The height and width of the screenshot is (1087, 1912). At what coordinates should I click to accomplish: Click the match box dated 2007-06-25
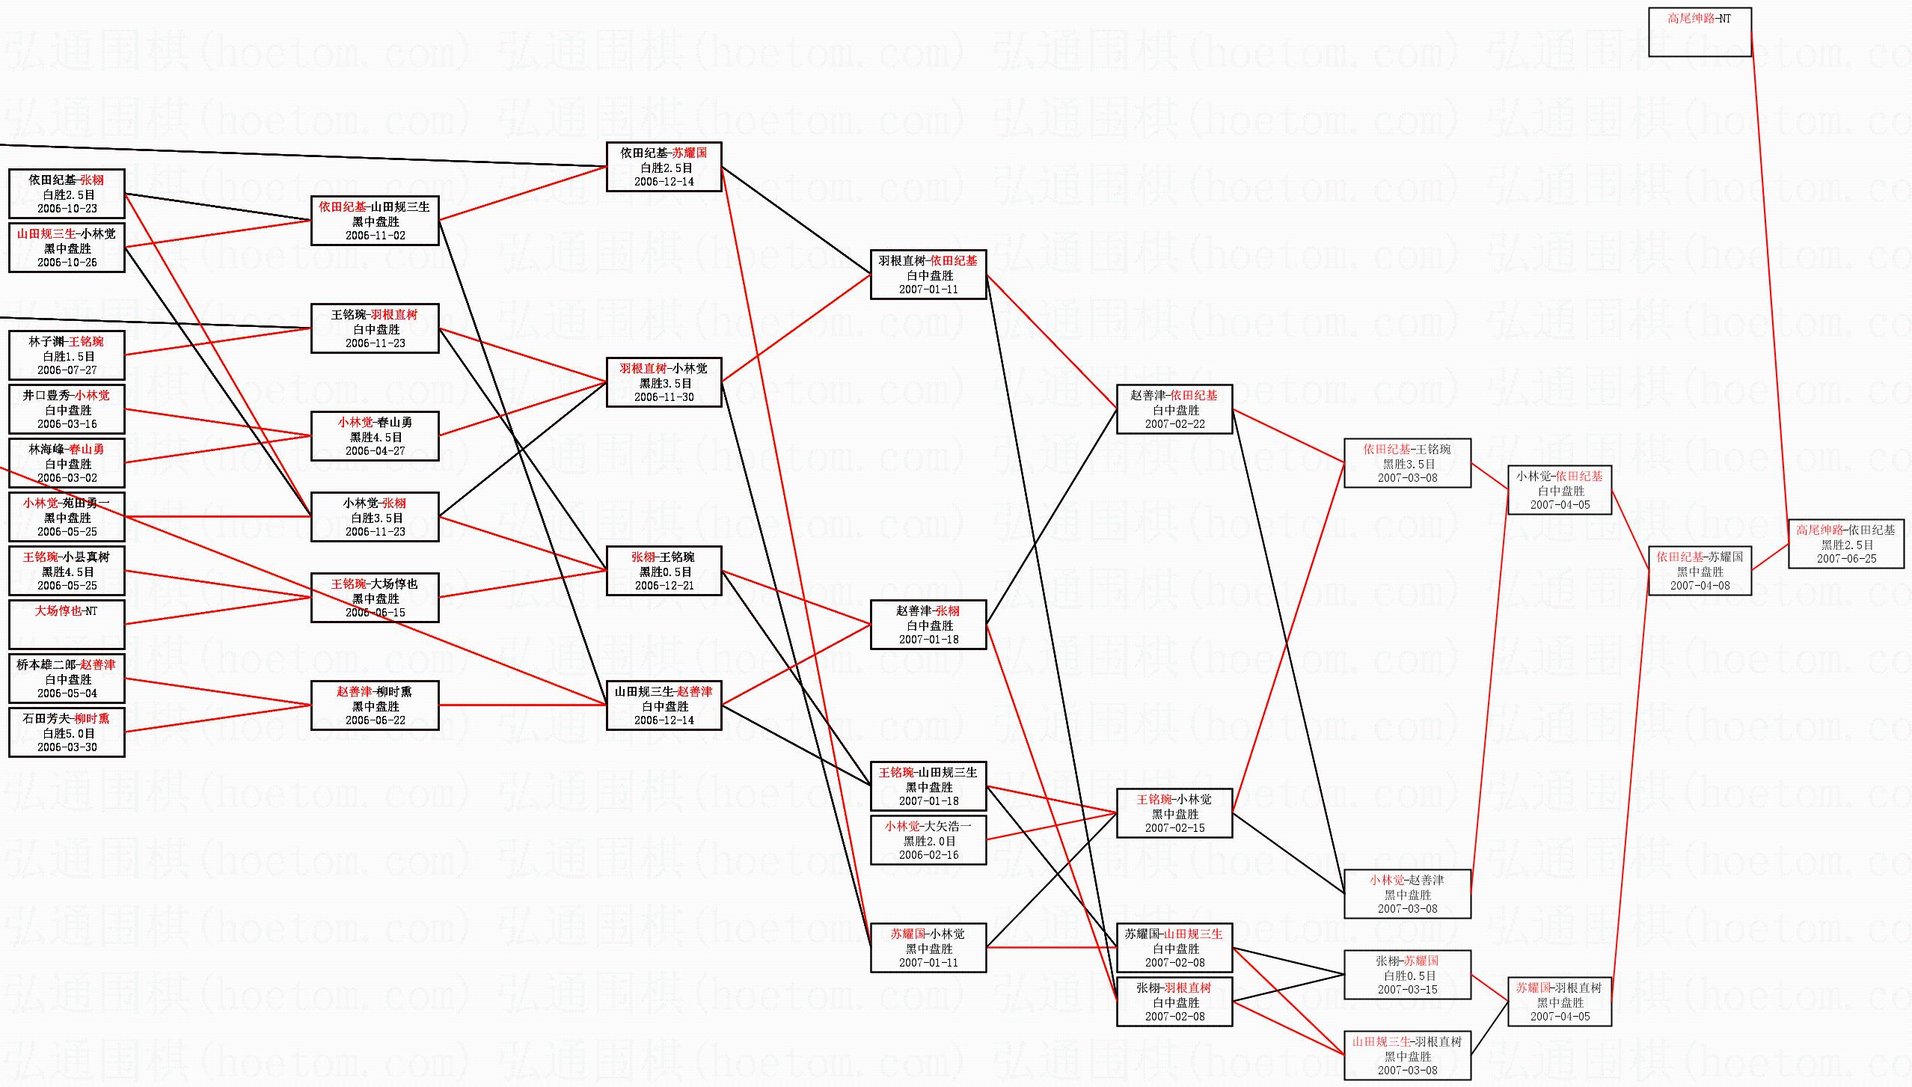(x=1845, y=544)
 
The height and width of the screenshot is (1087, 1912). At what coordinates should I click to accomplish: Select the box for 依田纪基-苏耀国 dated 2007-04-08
(x=1700, y=571)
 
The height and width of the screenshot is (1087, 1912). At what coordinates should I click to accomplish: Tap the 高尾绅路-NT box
(x=1700, y=32)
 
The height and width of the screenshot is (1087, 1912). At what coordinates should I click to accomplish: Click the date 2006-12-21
(x=664, y=586)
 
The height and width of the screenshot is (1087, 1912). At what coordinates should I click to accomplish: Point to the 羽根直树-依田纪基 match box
(x=928, y=275)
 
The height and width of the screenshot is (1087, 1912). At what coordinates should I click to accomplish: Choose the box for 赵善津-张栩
(x=928, y=625)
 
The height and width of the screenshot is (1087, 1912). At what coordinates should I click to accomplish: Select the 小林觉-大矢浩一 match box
(x=928, y=840)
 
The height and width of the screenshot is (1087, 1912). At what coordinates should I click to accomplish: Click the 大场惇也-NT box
(x=67, y=624)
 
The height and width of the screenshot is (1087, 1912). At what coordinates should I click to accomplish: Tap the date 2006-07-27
(x=67, y=370)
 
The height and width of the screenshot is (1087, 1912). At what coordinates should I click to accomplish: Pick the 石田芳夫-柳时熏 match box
(x=67, y=732)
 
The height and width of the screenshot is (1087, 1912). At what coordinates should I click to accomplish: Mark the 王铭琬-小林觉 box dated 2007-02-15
(x=1174, y=813)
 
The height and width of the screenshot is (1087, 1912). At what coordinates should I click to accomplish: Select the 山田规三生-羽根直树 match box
(x=1407, y=1056)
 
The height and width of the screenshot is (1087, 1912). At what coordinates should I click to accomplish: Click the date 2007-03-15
(x=1408, y=990)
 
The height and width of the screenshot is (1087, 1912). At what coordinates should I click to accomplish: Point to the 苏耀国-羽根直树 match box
(x=1560, y=1002)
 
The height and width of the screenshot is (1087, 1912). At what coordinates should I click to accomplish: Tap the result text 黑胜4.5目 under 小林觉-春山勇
(x=376, y=437)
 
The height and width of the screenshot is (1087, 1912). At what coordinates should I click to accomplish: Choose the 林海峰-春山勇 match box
(x=67, y=463)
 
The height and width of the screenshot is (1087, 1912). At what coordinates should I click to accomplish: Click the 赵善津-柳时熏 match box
(x=375, y=705)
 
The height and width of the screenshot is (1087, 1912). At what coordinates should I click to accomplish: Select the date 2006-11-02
(x=376, y=236)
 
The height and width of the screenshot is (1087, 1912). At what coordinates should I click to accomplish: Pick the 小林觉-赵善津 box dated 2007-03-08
(x=1407, y=894)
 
